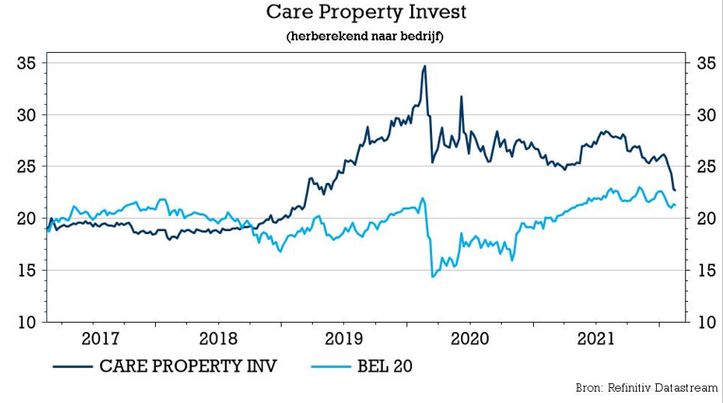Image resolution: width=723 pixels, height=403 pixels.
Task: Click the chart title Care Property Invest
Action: click(x=362, y=13)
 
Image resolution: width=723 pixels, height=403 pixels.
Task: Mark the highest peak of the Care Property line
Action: click(x=424, y=66)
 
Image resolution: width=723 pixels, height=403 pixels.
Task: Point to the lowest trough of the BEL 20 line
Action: click(x=433, y=277)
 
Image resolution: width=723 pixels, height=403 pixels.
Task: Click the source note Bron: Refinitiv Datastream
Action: click(x=646, y=388)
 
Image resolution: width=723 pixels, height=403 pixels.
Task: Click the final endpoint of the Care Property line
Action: click(x=675, y=191)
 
